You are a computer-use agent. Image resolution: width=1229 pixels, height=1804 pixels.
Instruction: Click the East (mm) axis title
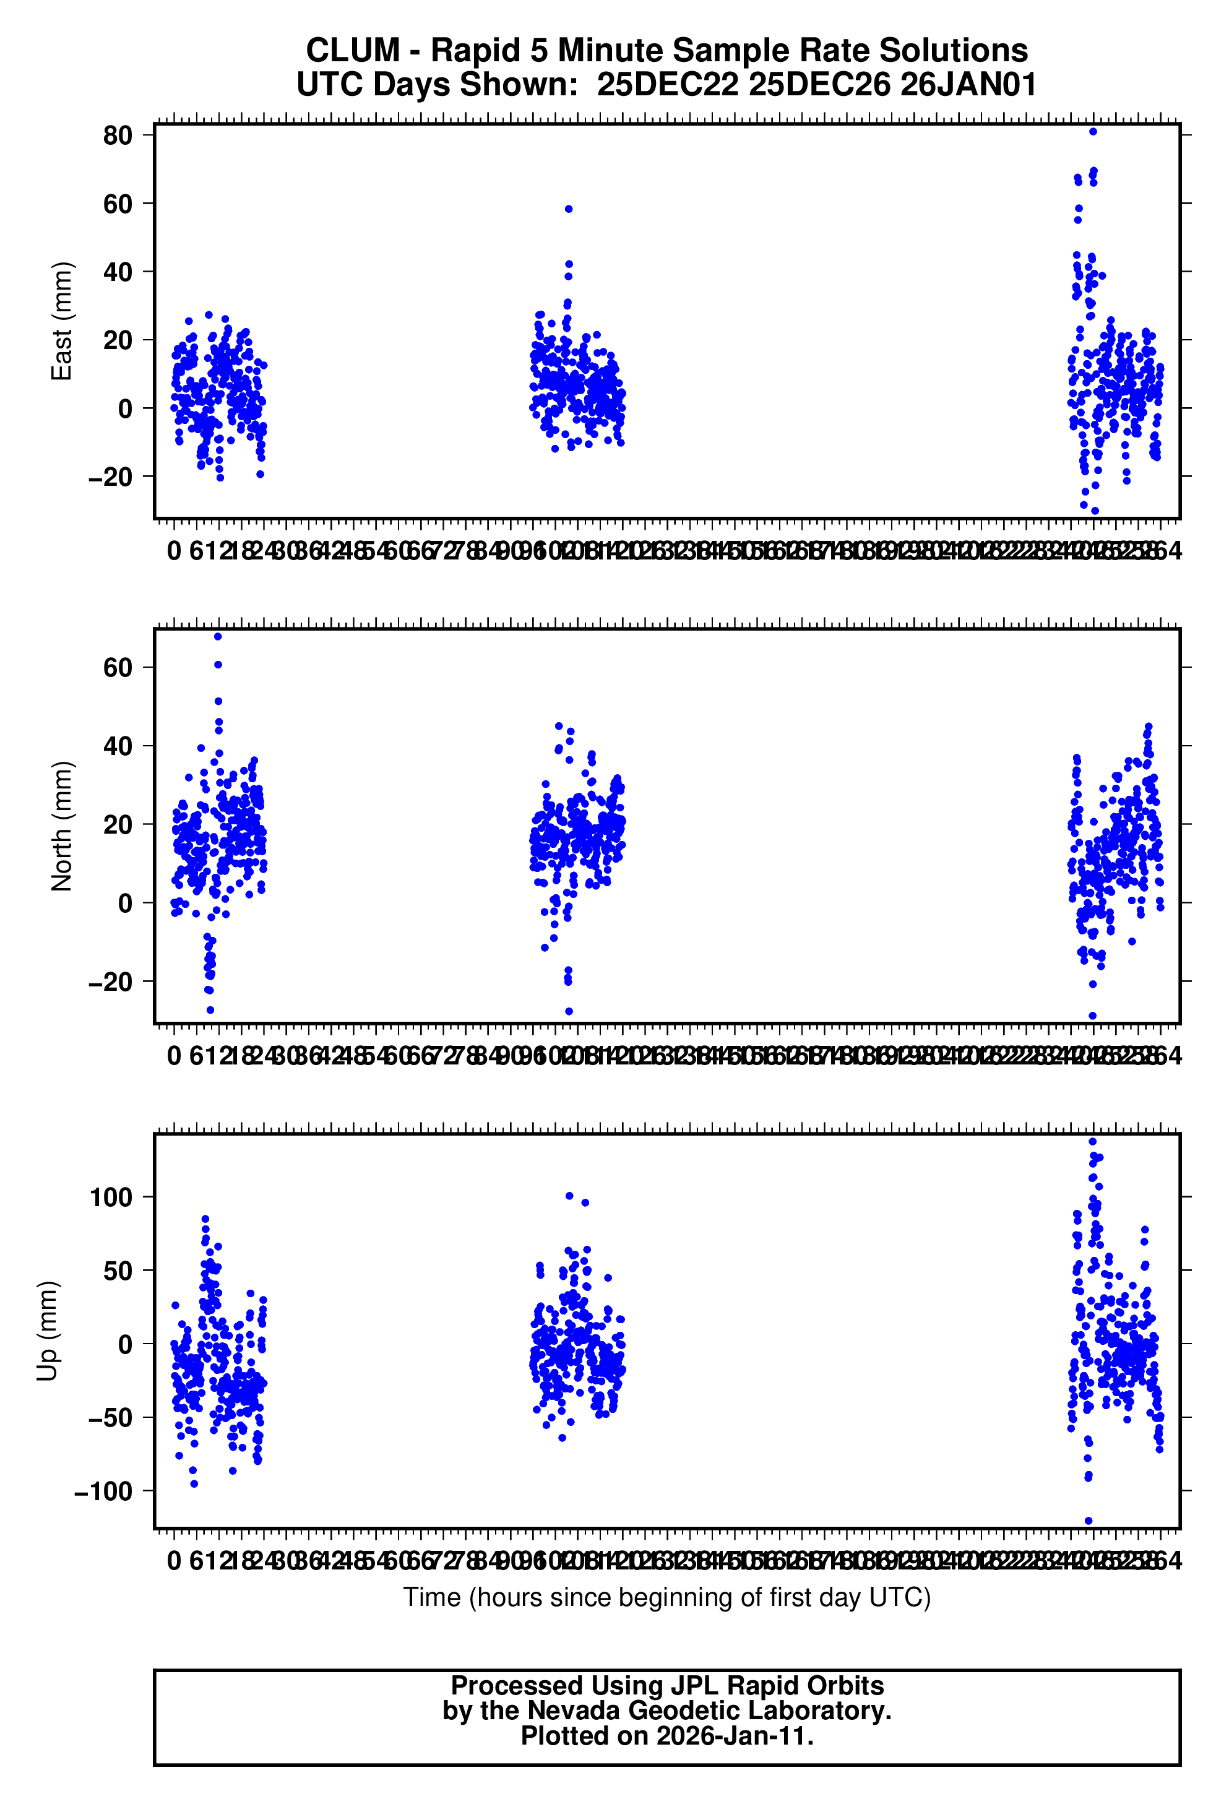tap(61, 321)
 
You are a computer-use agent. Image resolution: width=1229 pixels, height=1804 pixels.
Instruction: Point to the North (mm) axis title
tap(61, 826)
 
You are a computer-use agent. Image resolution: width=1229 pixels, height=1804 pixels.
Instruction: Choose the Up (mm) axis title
tap(48, 1331)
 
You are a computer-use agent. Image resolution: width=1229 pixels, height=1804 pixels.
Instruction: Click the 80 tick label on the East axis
tap(118, 136)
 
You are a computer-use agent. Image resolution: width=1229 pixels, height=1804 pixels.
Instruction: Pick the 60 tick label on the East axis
tap(118, 204)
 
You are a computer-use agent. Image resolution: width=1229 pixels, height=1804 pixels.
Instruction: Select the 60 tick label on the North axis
tap(118, 668)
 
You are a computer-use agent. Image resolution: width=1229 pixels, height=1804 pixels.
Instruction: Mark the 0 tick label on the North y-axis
tap(126, 904)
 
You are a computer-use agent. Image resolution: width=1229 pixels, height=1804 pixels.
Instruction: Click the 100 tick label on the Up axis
tap(111, 1197)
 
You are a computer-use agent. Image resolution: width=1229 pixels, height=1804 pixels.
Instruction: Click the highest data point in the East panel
tap(1093, 132)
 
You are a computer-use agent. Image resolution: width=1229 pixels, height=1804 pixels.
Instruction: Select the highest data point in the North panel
tap(218, 637)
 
